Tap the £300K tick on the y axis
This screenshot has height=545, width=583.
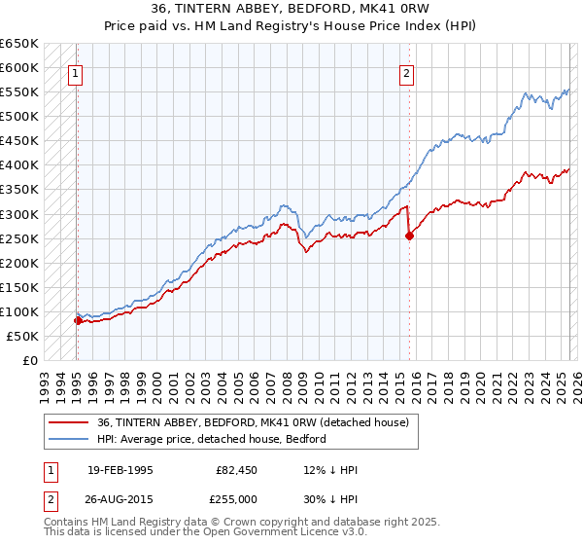click(19, 214)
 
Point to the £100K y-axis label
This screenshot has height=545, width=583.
click(19, 311)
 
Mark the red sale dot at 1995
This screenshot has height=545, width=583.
click(78, 319)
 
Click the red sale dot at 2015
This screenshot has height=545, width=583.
click(409, 236)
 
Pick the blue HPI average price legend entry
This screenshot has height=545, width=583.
click(212, 439)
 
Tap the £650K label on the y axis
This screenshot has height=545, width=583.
click(19, 44)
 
